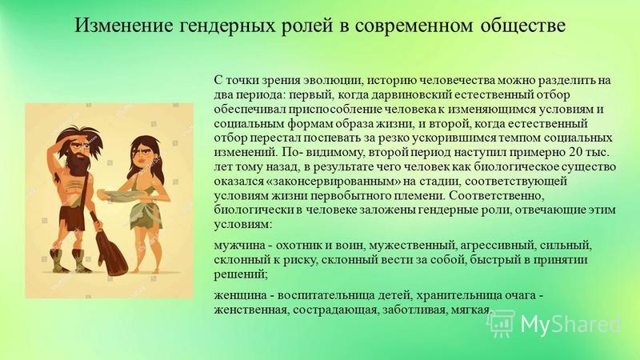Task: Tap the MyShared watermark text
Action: tap(570, 324)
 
